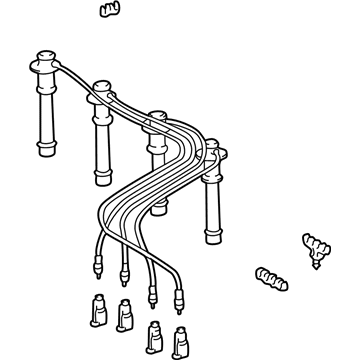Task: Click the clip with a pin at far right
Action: (313, 245)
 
